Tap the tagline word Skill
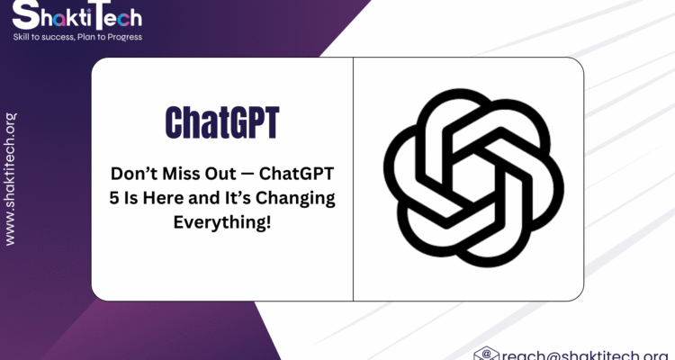pyautogui.click(x=20, y=37)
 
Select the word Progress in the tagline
pyautogui.click(x=125, y=38)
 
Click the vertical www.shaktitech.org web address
pyautogui.click(x=10, y=179)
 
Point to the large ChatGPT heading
pyautogui.click(x=222, y=122)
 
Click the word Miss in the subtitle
pyautogui.click(x=180, y=174)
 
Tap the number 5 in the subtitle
pyautogui.click(x=113, y=199)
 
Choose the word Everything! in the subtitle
pyautogui.click(x=222, y=222)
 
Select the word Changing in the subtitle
pyautogui.click(x=295, y=199)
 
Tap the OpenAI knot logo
pyautogui.click(x=473, y=177)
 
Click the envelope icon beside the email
pyautogui.click(x=486, y=354)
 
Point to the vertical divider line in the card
pyautogui.click(x=353, y=179)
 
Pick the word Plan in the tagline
pyautogui.click(x=85, y=37)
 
